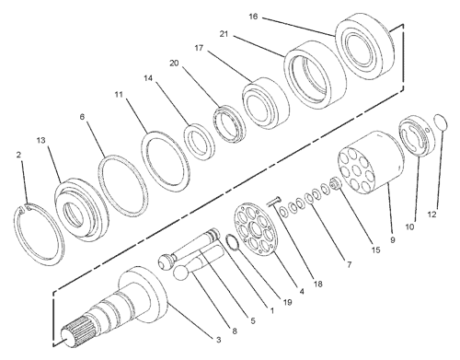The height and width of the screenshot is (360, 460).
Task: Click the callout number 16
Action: point(253,17)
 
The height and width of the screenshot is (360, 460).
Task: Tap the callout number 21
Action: point(224,34)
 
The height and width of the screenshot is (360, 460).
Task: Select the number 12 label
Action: point(431,215)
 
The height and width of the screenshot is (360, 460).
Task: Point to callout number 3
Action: point(218,340)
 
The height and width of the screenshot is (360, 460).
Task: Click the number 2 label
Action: point(18,155)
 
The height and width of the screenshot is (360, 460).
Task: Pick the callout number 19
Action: point(287,302)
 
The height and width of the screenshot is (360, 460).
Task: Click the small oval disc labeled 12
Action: point(442,123)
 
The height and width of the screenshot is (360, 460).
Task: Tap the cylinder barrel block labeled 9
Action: point(371,162)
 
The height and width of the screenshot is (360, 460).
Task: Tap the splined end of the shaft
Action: point(72,332)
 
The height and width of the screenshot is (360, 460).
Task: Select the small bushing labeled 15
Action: point(336,183)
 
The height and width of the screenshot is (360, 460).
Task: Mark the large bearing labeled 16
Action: point(363,48)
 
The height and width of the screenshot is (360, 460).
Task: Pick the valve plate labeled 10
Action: point(417,136)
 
